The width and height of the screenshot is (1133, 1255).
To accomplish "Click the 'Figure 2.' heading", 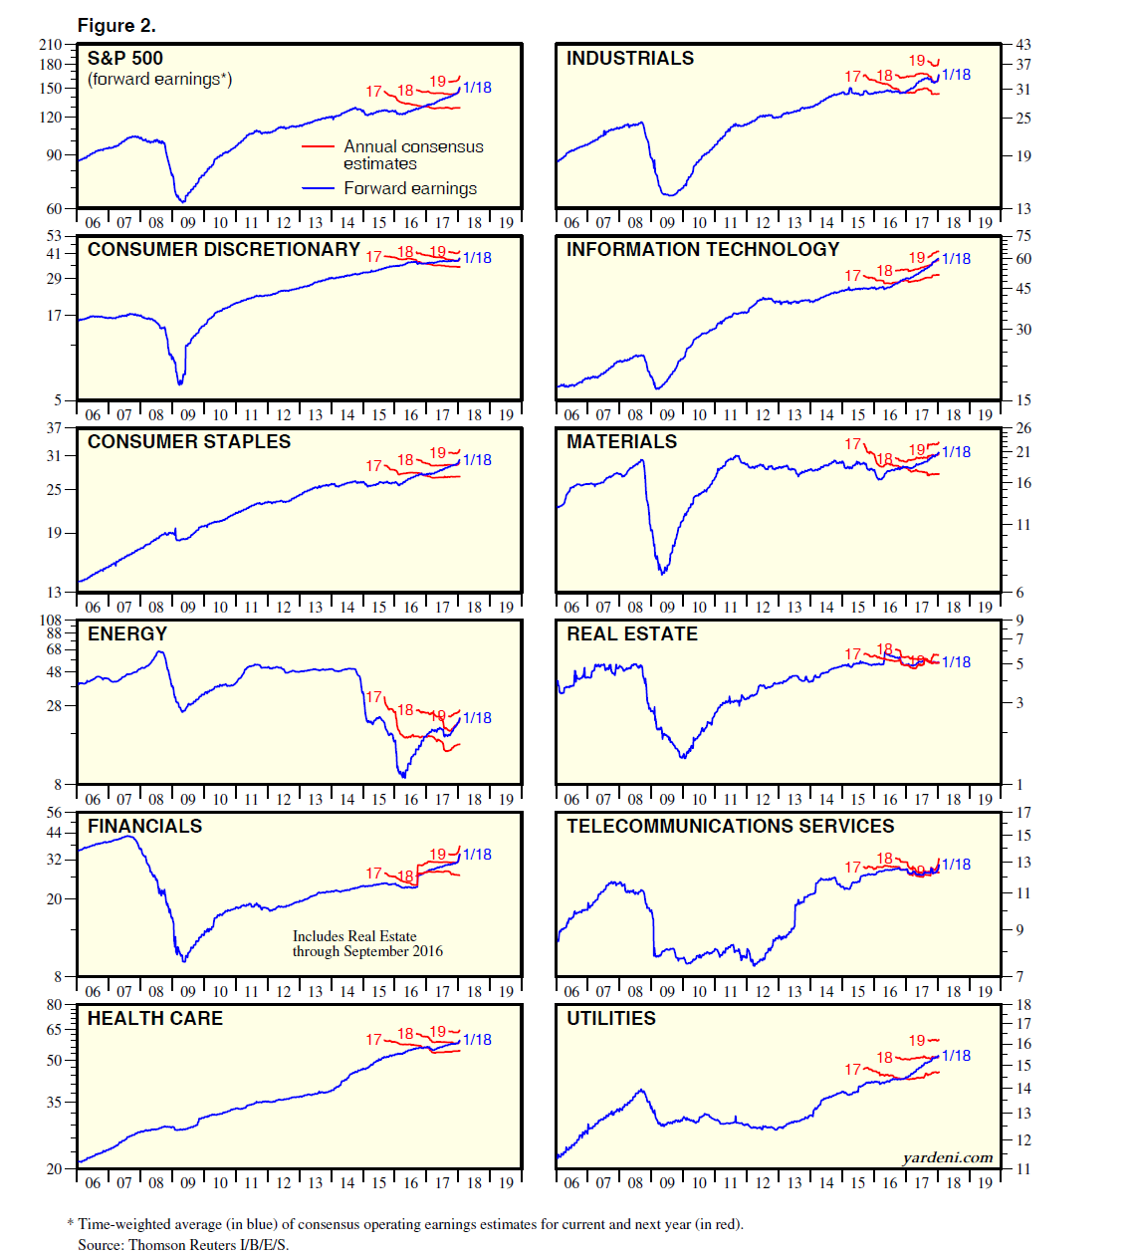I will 116,26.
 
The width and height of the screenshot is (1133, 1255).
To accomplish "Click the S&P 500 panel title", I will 125,58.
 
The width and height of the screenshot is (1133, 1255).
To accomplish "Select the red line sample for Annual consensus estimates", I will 318,146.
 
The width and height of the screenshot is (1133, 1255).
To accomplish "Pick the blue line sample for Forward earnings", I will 318,188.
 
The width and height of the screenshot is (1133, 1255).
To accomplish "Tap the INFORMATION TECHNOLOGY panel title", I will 703,249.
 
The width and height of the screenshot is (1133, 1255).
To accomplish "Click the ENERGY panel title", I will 127,633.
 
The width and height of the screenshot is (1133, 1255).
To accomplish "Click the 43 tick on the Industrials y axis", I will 1023,44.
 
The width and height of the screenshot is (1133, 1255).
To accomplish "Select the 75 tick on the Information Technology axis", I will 1023,236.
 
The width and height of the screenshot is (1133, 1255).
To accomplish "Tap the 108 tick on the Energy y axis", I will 50,620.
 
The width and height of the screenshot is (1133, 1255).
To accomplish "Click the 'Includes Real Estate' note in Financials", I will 354,936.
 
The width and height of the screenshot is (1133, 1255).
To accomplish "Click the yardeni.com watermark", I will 948,1157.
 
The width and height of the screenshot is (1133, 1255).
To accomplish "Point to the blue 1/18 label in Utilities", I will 956,1055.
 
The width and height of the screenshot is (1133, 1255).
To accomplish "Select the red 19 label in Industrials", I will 917,61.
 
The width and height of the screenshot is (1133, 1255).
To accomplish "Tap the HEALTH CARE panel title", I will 155,1018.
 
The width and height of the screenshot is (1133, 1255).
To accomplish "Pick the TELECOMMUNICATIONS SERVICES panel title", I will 731,826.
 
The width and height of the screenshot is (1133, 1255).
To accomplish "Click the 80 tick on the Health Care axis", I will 54,1004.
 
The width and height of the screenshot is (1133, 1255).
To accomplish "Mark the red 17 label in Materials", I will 853,443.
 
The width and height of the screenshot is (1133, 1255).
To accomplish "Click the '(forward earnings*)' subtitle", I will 159,79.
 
